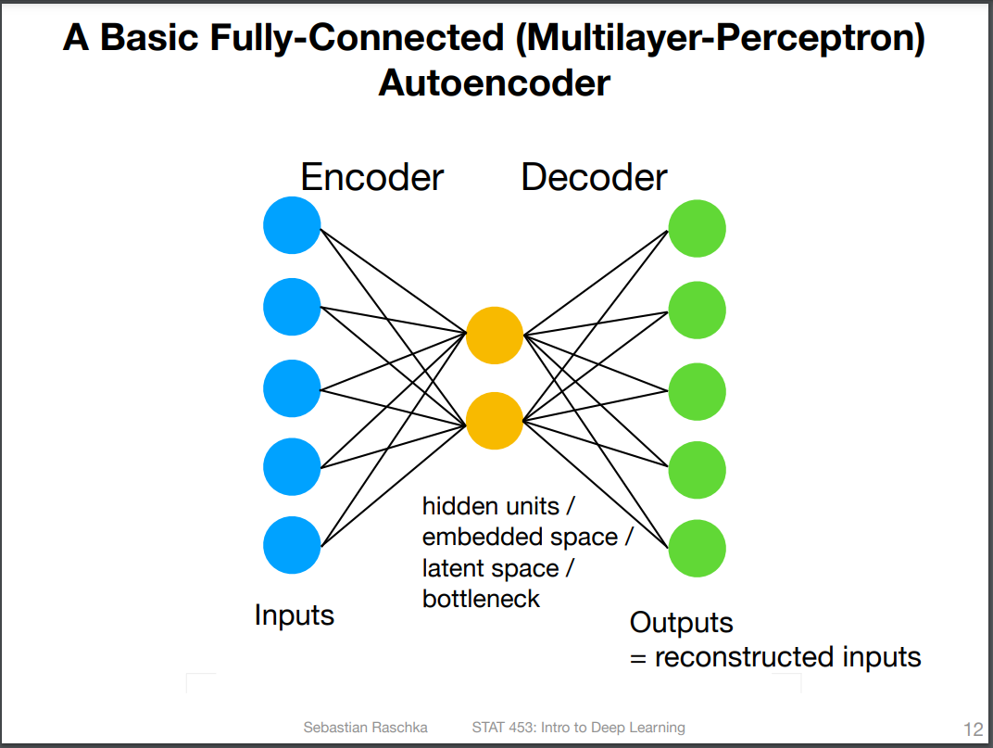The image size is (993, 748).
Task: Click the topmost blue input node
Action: (x=292, y=225)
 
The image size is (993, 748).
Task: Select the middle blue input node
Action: (x=292, y=388)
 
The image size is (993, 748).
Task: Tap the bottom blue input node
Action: (x=292, y=545)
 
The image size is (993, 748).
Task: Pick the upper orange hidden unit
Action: (x=495, y=336)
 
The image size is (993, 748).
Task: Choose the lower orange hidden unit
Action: (x=495, y=421)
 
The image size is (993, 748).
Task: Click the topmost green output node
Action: (x=698, y=228)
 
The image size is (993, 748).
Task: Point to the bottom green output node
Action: (x=698, y=549)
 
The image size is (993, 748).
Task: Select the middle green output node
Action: (x=698, y=392)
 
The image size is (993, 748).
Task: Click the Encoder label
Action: (x=371, y=177)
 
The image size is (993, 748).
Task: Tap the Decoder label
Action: (x=594, y=177)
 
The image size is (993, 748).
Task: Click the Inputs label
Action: (x=295, y=615)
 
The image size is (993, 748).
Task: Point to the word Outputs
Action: (x=682, y=623)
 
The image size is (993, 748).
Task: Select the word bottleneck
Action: (x=482, y=599)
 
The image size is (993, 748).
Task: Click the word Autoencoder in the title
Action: (x=495, y=83)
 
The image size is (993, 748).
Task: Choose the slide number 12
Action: (x=974, y=729)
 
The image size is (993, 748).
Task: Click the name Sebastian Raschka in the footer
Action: (x=365, y=727)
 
